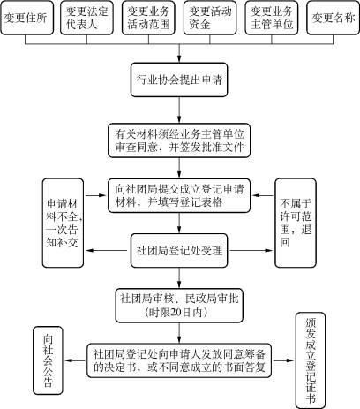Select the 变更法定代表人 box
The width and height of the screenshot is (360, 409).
86,18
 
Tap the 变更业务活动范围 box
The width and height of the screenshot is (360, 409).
148,18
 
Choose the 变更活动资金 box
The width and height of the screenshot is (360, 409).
210,18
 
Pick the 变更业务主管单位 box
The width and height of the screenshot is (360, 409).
272,18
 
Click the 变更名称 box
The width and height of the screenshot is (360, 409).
334,18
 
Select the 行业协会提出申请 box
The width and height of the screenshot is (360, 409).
179,80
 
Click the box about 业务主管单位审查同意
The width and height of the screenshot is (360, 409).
179,140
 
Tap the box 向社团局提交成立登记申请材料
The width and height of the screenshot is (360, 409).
179,195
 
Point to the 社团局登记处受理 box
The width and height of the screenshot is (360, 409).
179,251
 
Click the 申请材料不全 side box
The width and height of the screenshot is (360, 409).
63,223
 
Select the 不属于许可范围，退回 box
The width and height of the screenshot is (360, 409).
296,223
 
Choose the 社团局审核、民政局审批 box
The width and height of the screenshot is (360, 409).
179,306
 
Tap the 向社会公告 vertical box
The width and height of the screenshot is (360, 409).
48,360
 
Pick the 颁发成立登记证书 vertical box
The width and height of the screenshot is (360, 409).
311,360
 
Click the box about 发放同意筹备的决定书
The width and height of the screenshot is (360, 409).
179,360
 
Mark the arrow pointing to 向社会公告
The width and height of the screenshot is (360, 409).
75,360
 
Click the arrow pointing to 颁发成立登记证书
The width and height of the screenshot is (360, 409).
283,360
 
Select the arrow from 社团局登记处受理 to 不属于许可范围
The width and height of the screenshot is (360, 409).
251,251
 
